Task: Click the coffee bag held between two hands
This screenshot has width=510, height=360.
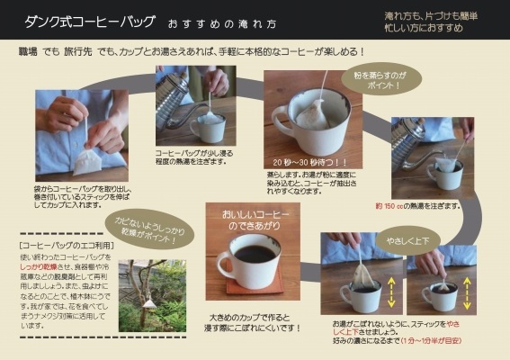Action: (86, 158)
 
